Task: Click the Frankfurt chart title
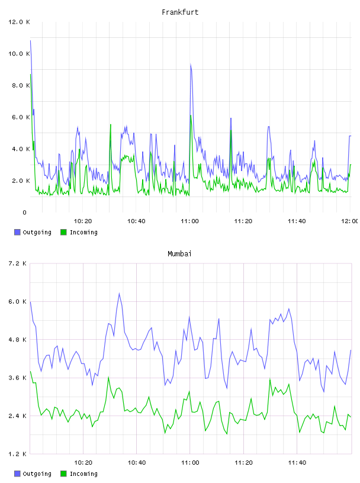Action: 180,12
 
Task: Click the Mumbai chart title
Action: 179,254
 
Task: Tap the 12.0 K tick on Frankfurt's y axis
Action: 19,22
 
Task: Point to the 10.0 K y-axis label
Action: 19,54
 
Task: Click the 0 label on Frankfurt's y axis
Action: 24,212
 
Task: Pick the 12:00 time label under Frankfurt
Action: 350,221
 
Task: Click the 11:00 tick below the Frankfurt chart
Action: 189,221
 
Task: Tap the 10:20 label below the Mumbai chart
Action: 83,463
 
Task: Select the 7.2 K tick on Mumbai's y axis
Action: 17,263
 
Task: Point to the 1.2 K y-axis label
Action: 17,454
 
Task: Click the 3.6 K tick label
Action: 17,378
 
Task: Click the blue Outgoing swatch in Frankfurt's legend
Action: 17,232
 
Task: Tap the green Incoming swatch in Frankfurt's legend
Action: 63,232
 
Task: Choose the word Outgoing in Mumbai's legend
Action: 37,474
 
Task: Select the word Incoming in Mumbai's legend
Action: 83,474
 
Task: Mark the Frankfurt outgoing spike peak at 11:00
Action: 191,65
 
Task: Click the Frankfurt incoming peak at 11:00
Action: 191,115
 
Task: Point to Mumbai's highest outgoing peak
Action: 119,294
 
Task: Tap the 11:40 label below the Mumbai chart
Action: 297,463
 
